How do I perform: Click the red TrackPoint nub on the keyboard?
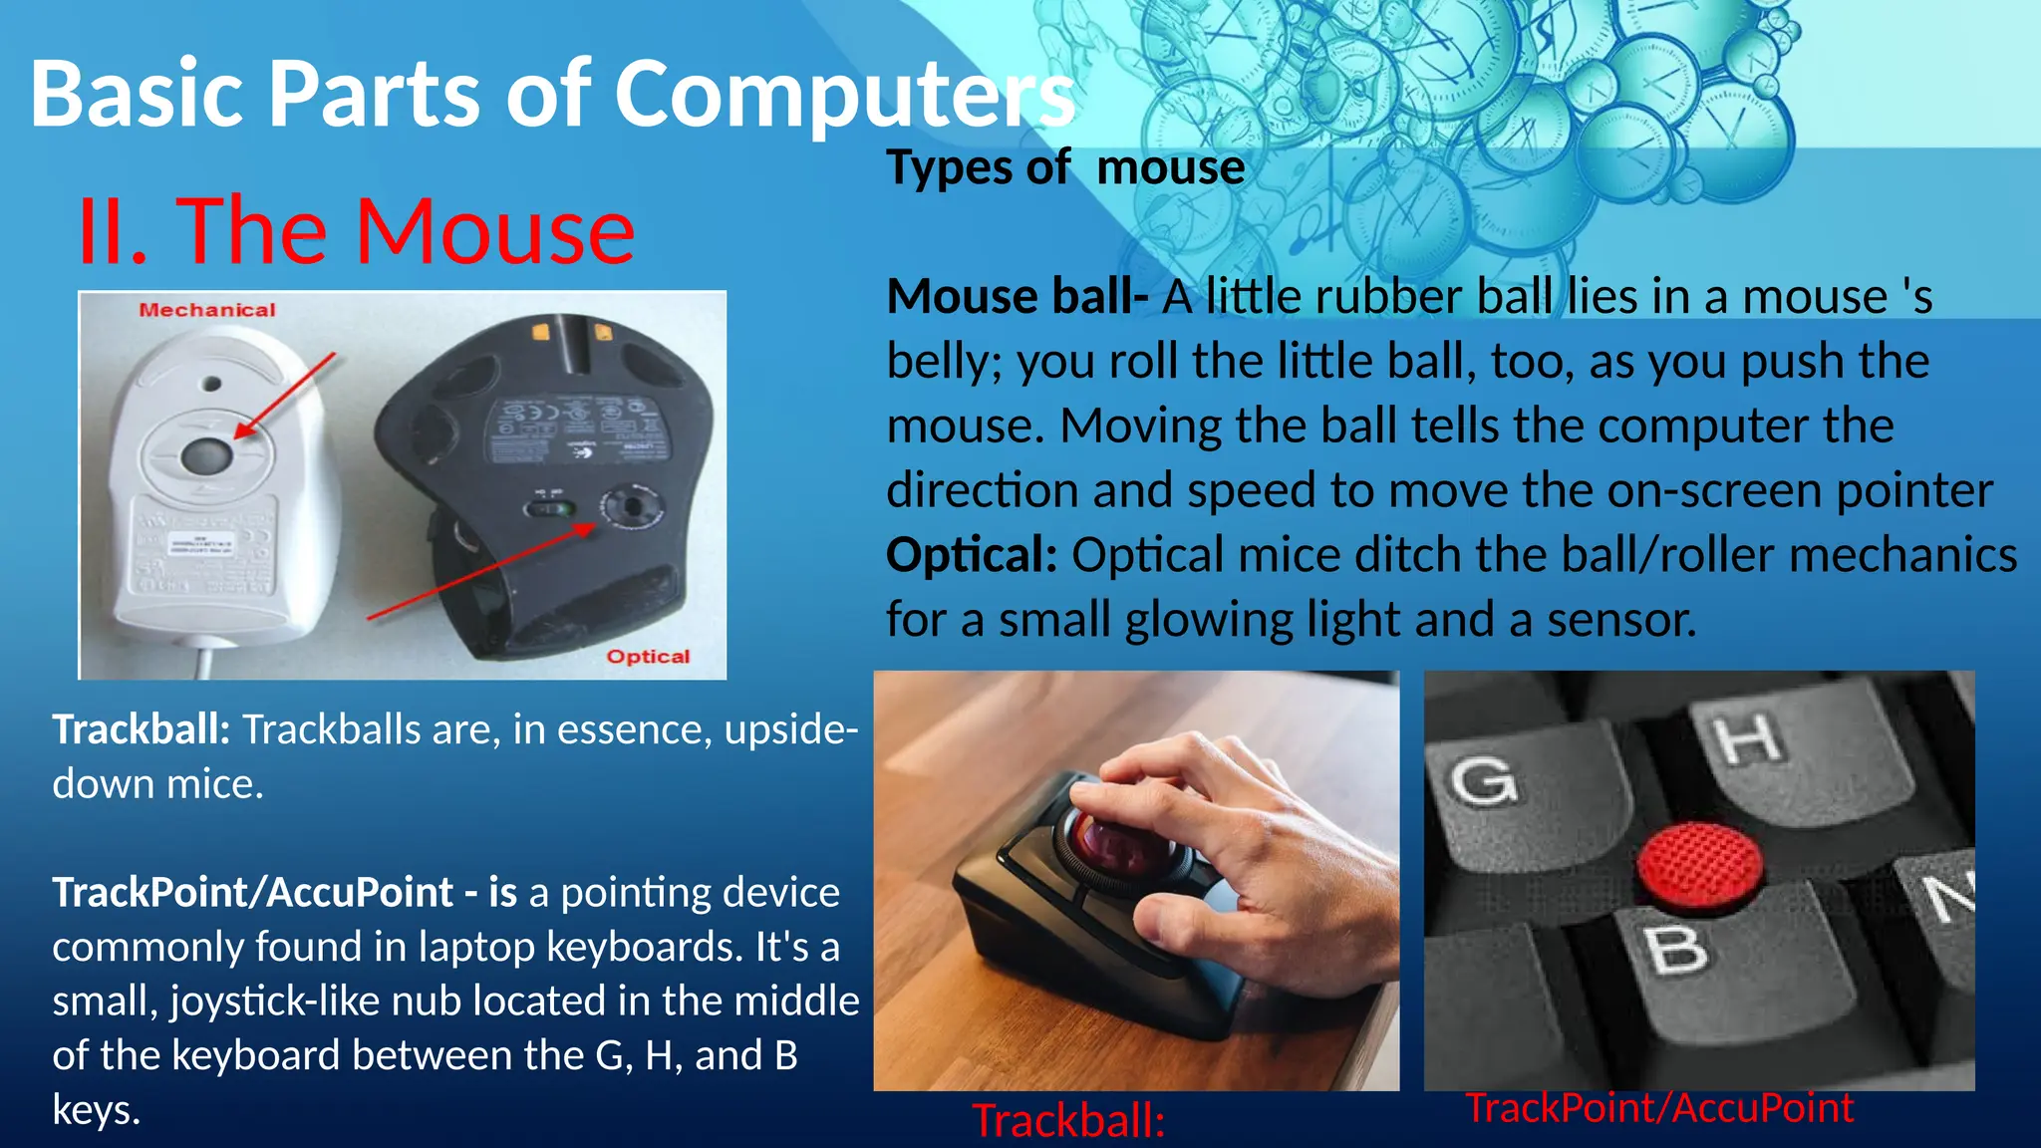1700,865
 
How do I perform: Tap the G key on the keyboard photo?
1485,779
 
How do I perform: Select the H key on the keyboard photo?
1749,738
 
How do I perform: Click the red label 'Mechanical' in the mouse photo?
207,310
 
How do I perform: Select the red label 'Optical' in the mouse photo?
648,657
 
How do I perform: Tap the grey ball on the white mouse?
207,456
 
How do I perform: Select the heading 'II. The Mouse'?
356,231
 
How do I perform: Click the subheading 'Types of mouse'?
1065,167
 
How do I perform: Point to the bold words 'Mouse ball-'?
1017,297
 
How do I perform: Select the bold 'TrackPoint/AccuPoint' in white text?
253,892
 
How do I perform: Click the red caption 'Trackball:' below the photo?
1068,1121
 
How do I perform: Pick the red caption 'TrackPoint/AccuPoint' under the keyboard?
1658,1108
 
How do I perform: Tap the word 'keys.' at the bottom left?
96,1109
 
